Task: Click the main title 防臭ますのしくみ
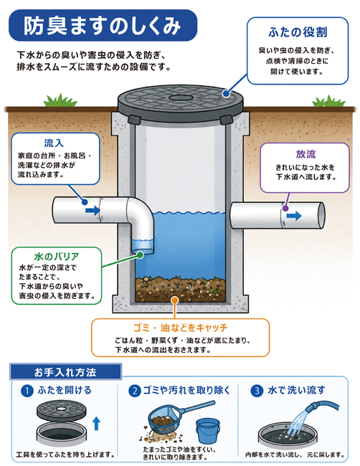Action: pyautogui.click(x=102, y=26)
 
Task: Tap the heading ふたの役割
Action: pyautogui.click(x=298, y=32)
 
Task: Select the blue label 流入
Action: pyautogui.click(x=54, y=143)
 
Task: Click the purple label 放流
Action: pyautogui.click(x=305, y=154)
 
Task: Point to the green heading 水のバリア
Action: pyautogui.click(x=57, y=257)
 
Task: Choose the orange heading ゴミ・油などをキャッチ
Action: pyautogui.click(x=181, y=328)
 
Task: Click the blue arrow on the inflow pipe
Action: pyautogui.click(x=93, y=210)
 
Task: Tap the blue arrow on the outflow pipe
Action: pyautogui.click(x=294, y=216)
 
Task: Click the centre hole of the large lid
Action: pyautogui.click(x=181, y=98)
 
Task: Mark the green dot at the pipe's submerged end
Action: pyautogui.click(x=140, y=255)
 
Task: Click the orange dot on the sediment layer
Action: pyautogui.click(x=175, y=300)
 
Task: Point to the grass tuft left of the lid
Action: pyautogui.click(x=60, y=100)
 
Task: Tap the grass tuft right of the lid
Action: pyautogui.click(x=328, y=101)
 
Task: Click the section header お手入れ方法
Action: pyautogui.click(x=65, y=372)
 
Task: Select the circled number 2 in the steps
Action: pyautogui.click(x=135, y=391)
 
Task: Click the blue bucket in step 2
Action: pyautogui.click(x=207, y=431)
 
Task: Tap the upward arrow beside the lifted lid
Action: pyautogui.click(x=96, y=423)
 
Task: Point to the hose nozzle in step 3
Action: pyautogui.click(x=311, y=408)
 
